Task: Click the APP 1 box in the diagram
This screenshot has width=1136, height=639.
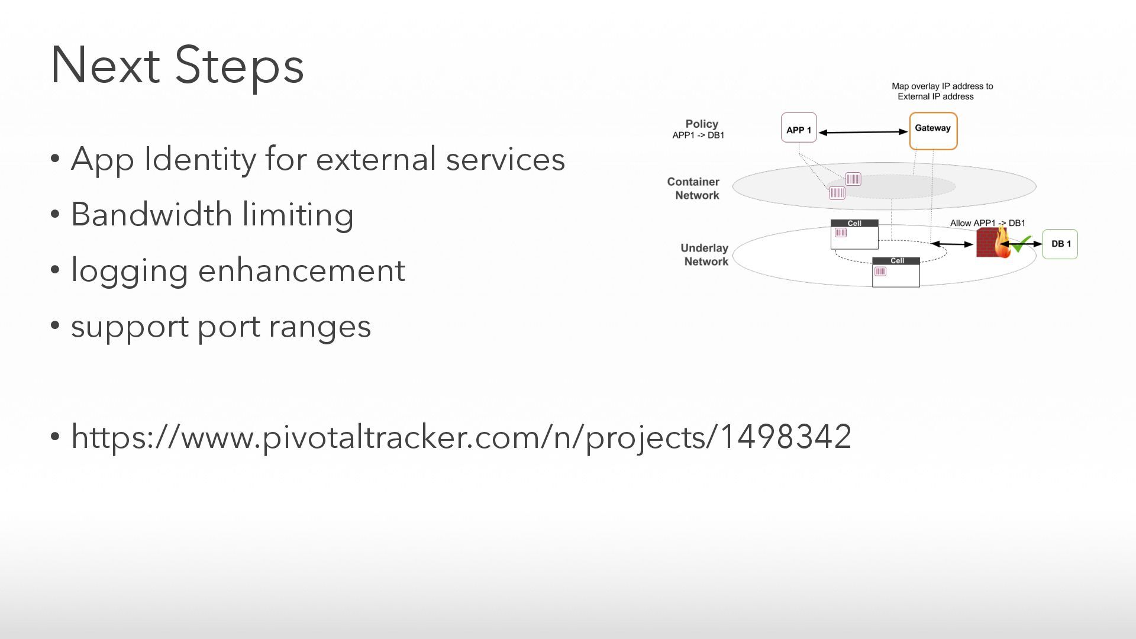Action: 799,128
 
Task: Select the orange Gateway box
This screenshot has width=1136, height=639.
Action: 933,131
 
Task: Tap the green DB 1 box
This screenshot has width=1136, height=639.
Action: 1060,244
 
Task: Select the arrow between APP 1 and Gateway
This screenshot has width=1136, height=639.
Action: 863,132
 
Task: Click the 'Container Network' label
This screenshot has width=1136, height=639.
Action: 694,189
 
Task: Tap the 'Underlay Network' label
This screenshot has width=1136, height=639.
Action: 705,255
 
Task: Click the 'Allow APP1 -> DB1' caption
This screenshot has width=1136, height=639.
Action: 987,223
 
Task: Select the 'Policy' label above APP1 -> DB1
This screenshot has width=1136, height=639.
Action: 702,124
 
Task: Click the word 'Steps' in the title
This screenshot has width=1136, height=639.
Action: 239,65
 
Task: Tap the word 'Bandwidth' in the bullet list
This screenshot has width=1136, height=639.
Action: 151,214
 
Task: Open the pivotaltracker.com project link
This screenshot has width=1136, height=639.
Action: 461,437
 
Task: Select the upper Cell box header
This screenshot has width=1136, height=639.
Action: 854,223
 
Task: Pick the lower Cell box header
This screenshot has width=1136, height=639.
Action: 896,261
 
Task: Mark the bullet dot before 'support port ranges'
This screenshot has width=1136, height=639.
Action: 56,325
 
